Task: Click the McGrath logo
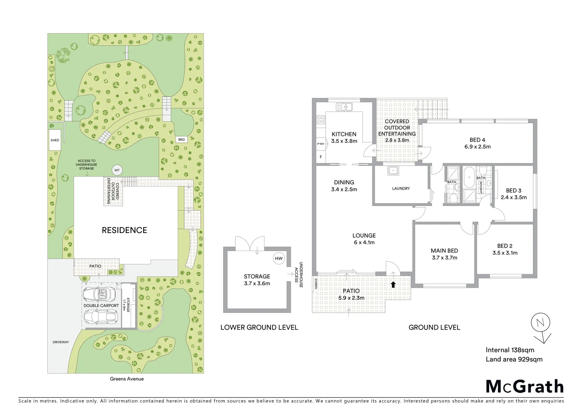click(525, 386)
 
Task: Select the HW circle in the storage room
click(279, 258)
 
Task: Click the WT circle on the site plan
click(117, 170)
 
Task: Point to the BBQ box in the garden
click(181, 140)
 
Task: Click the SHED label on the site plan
click(55, 140)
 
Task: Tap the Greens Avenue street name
click(127, 379)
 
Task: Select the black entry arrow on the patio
click(393, 284)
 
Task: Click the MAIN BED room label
click(444, 251)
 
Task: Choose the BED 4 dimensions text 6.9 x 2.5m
click(477, 146)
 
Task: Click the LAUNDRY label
click(401, 188)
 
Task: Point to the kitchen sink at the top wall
click(346, 107)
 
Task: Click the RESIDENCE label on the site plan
click(124, 230)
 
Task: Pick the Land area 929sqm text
click(514, 359)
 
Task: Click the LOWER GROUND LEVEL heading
click(259, 327)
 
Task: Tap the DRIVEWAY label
click(61, 342)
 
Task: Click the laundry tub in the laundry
click(393, 171)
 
